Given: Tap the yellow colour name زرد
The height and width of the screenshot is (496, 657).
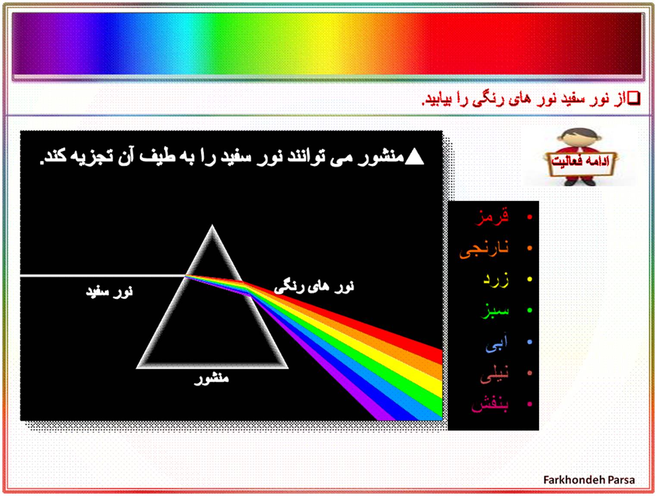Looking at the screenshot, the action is pos(496,280).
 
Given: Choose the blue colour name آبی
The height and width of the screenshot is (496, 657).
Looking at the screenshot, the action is pos(497,342).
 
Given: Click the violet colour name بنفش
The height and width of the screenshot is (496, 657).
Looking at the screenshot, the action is pos(490,405).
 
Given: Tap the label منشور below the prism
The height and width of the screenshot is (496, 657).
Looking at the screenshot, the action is pos(212,379).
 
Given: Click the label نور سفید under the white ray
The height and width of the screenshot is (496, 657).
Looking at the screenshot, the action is pos(109,292).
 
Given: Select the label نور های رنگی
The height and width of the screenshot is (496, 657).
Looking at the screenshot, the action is pos(314,287).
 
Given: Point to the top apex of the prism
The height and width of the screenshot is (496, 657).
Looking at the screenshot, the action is pos(212,225).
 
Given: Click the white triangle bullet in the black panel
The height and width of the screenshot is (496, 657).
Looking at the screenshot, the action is pos(414,157).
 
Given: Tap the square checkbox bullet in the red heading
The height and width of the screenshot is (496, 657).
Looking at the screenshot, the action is pos(634,98).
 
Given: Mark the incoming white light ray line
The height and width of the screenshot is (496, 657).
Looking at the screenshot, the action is pos(103,275).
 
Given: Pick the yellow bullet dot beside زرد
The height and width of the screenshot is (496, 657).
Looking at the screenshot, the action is pos(529,279).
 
